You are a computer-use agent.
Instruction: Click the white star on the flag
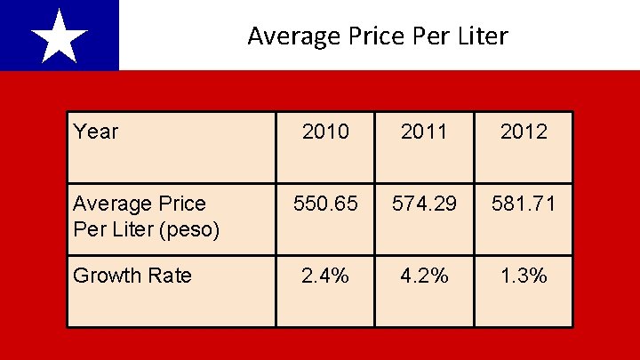(x=60, y=37)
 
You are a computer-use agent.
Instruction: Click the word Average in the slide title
(x=294, y=36)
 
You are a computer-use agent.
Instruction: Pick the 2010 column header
(x=325, y=132)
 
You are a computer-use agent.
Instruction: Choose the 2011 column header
(x=424, y=132)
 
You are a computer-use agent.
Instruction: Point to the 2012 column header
(x=524, y=132)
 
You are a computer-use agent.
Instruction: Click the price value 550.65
(x=325, y=204)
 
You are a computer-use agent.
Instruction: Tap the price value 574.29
(x=424, y=204)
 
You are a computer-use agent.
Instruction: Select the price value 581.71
(x=524, y=204)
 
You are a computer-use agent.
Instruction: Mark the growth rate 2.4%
(x=325, y=276)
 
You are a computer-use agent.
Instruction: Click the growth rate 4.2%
(x=424, y=276)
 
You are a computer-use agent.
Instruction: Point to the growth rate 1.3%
(x=524, y=276)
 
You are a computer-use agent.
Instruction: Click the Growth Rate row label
(x=132, y=276)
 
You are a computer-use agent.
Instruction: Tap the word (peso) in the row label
(x=189, y=230)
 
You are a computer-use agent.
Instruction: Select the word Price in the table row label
(x=182, y=204)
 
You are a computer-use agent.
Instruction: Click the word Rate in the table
(x=170, y=276)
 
